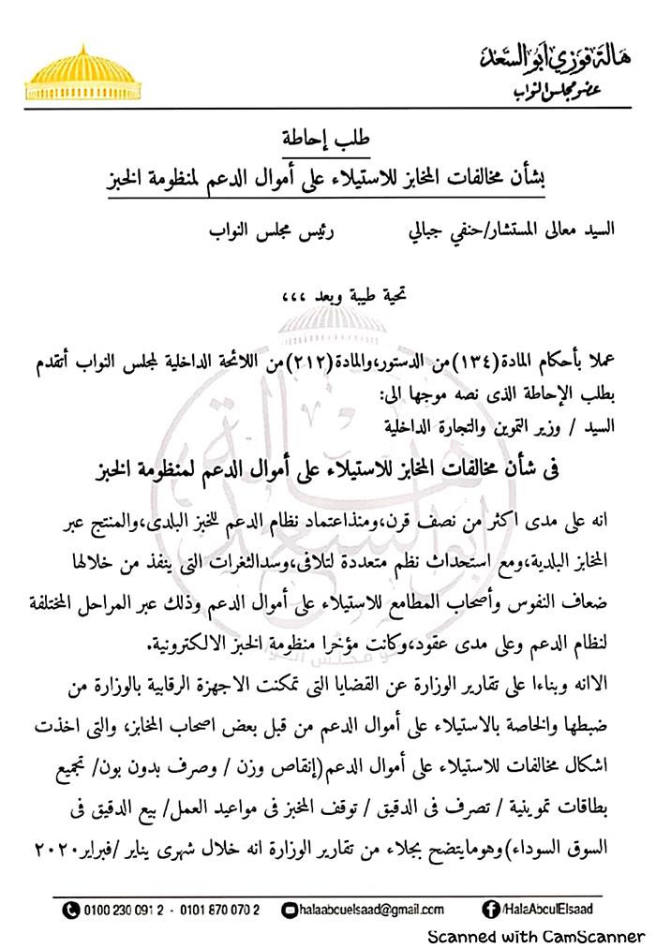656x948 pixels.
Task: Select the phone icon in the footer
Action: click(x=71, y=909)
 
